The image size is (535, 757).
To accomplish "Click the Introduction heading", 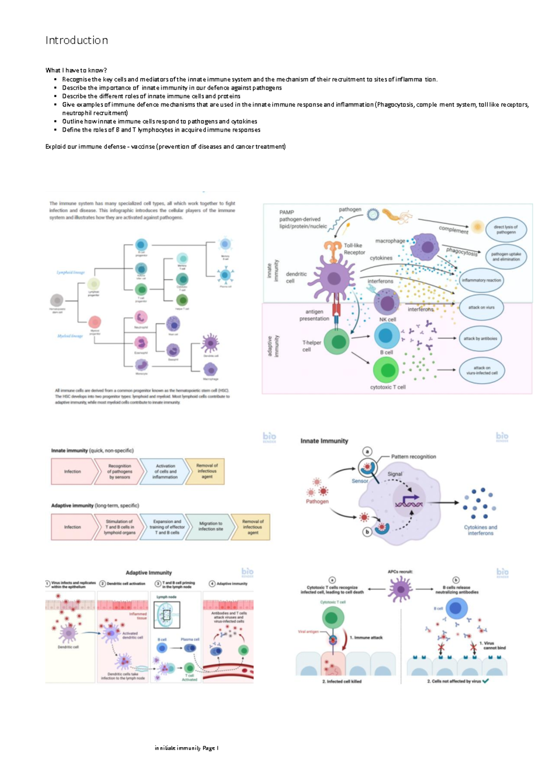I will [x=77, y=41].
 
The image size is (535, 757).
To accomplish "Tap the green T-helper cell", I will [x=337, y=342].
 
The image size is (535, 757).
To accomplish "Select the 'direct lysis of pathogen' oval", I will [x=506, y=229].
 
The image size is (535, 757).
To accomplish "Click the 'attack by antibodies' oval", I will [x=480, y=339].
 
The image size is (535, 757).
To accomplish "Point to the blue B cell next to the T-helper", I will [x=386, y=336].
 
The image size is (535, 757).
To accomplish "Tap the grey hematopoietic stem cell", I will [x=57, y=300].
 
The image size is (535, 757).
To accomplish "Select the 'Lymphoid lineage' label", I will [x=70, y=272].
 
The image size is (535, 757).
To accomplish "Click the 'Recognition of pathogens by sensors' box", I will [x=119, y=471].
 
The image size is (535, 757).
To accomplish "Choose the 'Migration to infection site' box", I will [x=210, y=527].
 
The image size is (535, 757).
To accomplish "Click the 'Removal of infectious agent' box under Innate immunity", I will [x=206, y=471].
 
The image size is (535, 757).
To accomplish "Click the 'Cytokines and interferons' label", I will [x=480, y=530].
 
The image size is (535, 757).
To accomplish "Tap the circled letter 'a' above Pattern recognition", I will [x=367, y=451].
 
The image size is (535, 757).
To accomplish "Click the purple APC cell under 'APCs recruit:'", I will [x=400, y=589].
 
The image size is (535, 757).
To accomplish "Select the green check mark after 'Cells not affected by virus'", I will [x=486, y=681].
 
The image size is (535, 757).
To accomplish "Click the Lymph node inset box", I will [x=167, y=615].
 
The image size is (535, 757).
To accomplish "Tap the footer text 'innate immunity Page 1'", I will [x=186, y=748].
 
